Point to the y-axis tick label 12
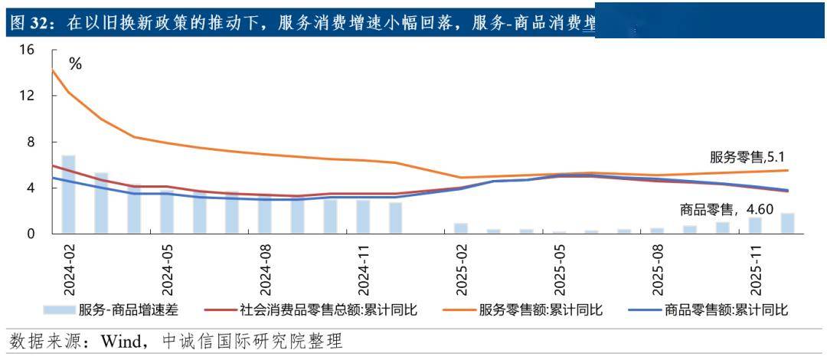28,97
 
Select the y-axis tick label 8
31,142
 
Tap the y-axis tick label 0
31,234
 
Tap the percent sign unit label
75,64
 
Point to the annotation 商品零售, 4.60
728,208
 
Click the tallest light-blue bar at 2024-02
68,195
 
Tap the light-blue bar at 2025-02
461,228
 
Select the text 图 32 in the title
26,24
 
